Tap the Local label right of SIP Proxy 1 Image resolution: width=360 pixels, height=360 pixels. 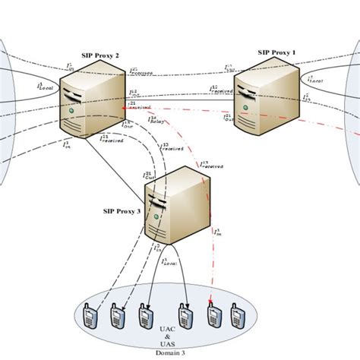315,78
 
